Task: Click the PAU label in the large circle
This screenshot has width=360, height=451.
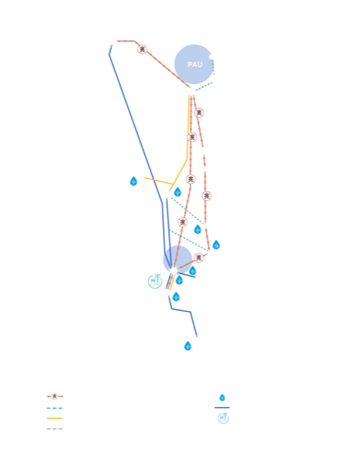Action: click(195, 65)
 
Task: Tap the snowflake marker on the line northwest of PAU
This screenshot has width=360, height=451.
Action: click(142, 50)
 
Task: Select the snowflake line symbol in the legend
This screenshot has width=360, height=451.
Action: click(55, 396)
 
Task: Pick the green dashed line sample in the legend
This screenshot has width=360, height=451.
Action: click(55, 408)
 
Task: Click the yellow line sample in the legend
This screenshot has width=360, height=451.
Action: click(55, 418)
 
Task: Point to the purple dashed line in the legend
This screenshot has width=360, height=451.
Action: click(55, 428)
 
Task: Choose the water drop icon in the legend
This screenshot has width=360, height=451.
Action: click(222, 398)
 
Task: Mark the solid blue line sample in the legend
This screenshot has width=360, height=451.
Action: click(222, 407)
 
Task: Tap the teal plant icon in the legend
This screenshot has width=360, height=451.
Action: click(223, 418)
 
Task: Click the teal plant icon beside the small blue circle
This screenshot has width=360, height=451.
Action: click(155, 281)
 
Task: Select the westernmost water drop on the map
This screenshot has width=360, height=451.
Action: click(133, 181)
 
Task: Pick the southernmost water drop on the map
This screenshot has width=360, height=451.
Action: click(187, 346)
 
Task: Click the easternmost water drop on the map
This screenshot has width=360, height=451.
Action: click(216, 245)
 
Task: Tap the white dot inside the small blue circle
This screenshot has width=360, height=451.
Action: click(173, 270)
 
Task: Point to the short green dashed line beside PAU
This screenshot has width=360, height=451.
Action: click(204, 86)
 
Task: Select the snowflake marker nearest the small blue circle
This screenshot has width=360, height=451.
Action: click(199, 257)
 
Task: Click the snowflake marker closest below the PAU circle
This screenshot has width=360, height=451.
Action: click(199, 113)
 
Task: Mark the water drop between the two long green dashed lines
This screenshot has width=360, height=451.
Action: click(197, 229)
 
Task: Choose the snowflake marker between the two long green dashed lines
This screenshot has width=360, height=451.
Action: click(182, 222)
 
